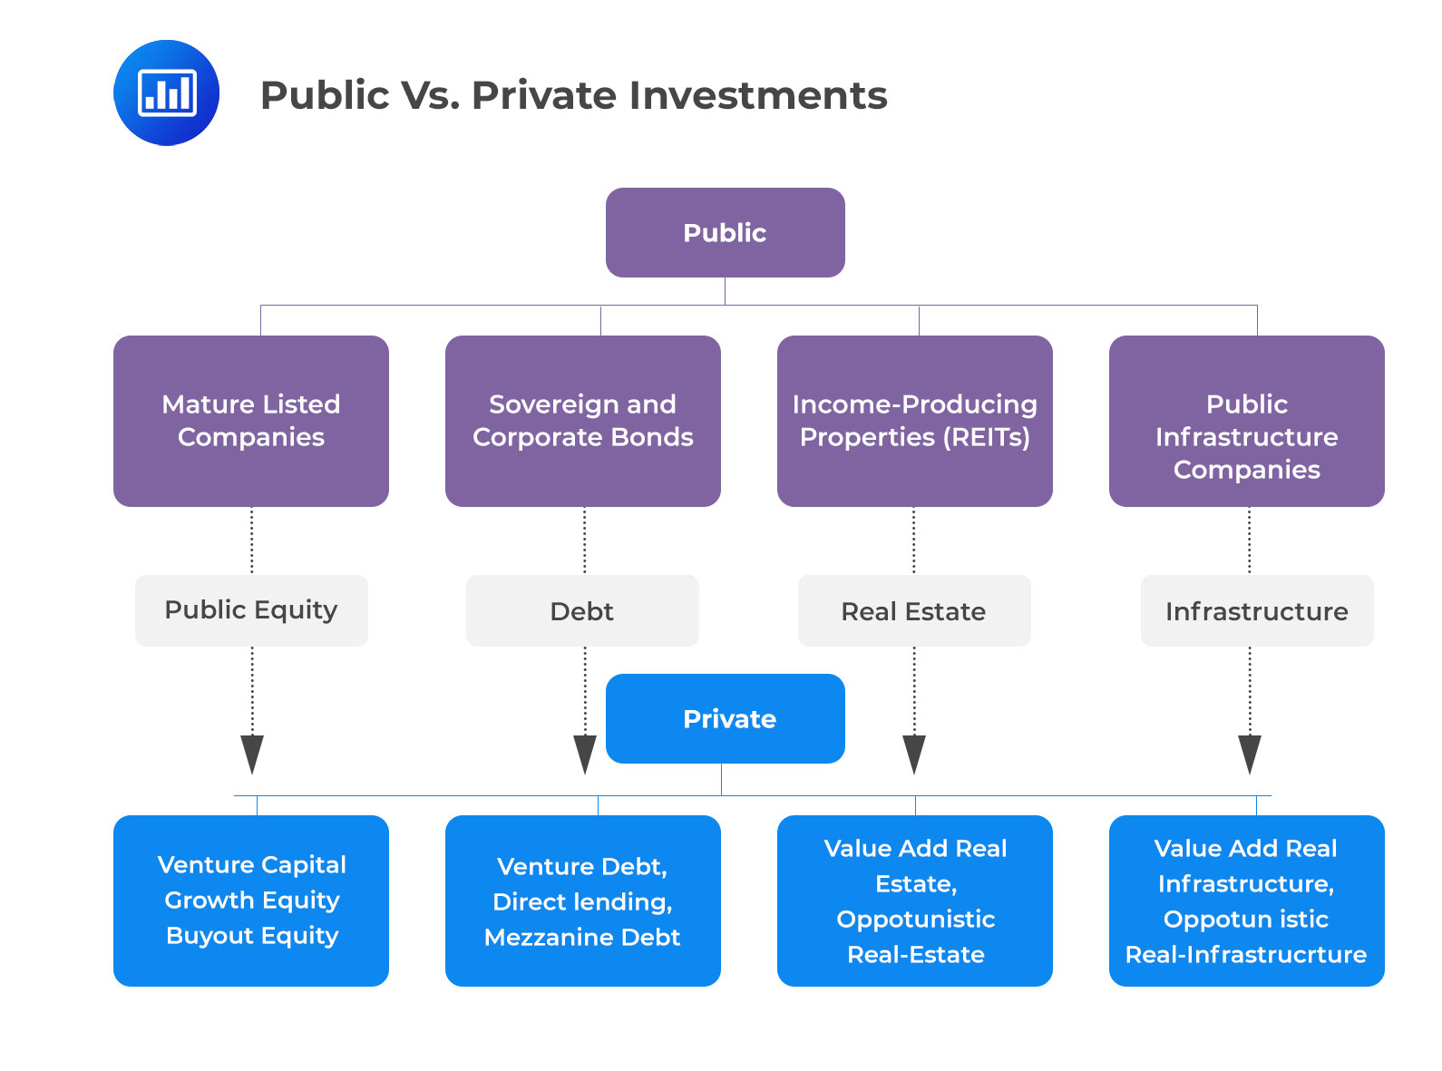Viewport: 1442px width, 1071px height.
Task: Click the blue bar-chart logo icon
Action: click(x=166, y=92)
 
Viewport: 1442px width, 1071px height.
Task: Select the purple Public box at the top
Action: click(x=725, y=233)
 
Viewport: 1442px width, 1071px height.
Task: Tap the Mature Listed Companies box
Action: click(x=251, y=421)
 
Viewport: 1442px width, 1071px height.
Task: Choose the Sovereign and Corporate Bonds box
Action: click(x=582, y=421)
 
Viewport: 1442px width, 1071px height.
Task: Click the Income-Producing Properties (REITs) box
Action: click(x=914, y=421)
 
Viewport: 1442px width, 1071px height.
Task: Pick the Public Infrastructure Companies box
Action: click(x=1246, y=421)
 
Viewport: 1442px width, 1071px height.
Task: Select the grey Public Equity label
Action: click(x=251, y=610)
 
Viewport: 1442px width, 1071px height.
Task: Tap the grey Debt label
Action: click(x=582, y=611)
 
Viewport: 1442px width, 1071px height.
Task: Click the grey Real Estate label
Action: click(x=913, y=611)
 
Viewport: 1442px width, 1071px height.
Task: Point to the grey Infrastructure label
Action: click(x=1256, y=611)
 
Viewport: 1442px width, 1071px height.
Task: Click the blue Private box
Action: click(x=725, y=719)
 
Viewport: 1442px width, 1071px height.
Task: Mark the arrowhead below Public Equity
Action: click(x=252, y=754)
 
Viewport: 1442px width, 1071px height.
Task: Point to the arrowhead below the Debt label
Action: click(x=585, y=754)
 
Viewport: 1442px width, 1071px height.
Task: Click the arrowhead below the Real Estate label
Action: click(x=914, y=754)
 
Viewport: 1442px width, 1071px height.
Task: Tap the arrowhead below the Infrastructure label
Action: click(x=1250, y=754)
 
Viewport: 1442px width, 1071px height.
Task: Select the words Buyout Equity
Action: click(x=252, y=936)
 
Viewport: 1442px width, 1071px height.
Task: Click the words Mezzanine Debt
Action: click(x=582, y=938)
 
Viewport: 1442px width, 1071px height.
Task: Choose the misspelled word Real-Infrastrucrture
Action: click(x=1246, y=955)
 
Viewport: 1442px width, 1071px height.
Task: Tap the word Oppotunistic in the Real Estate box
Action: click(x=915, y=920)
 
